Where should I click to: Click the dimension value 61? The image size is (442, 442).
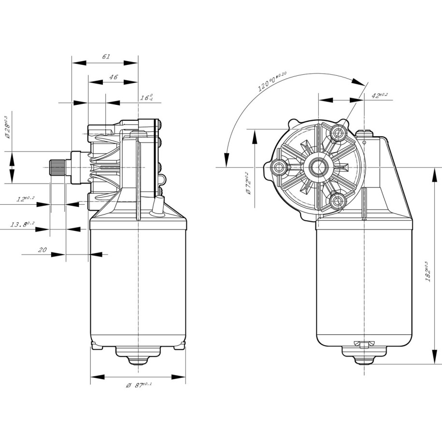[106, 57]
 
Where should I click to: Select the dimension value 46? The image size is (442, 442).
[114, 77]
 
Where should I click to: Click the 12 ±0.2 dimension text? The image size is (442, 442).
[25, 199]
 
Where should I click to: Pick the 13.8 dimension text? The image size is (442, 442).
[23, 224]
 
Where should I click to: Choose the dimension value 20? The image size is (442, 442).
[42, 250]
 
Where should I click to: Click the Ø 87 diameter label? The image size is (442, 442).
[139, 385]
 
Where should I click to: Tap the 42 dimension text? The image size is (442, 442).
[380, 95]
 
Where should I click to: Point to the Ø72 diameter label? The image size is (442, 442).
[247, 183]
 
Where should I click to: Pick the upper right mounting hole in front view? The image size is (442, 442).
[338, 132]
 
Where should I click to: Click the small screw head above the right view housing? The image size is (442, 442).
[366, 133]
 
